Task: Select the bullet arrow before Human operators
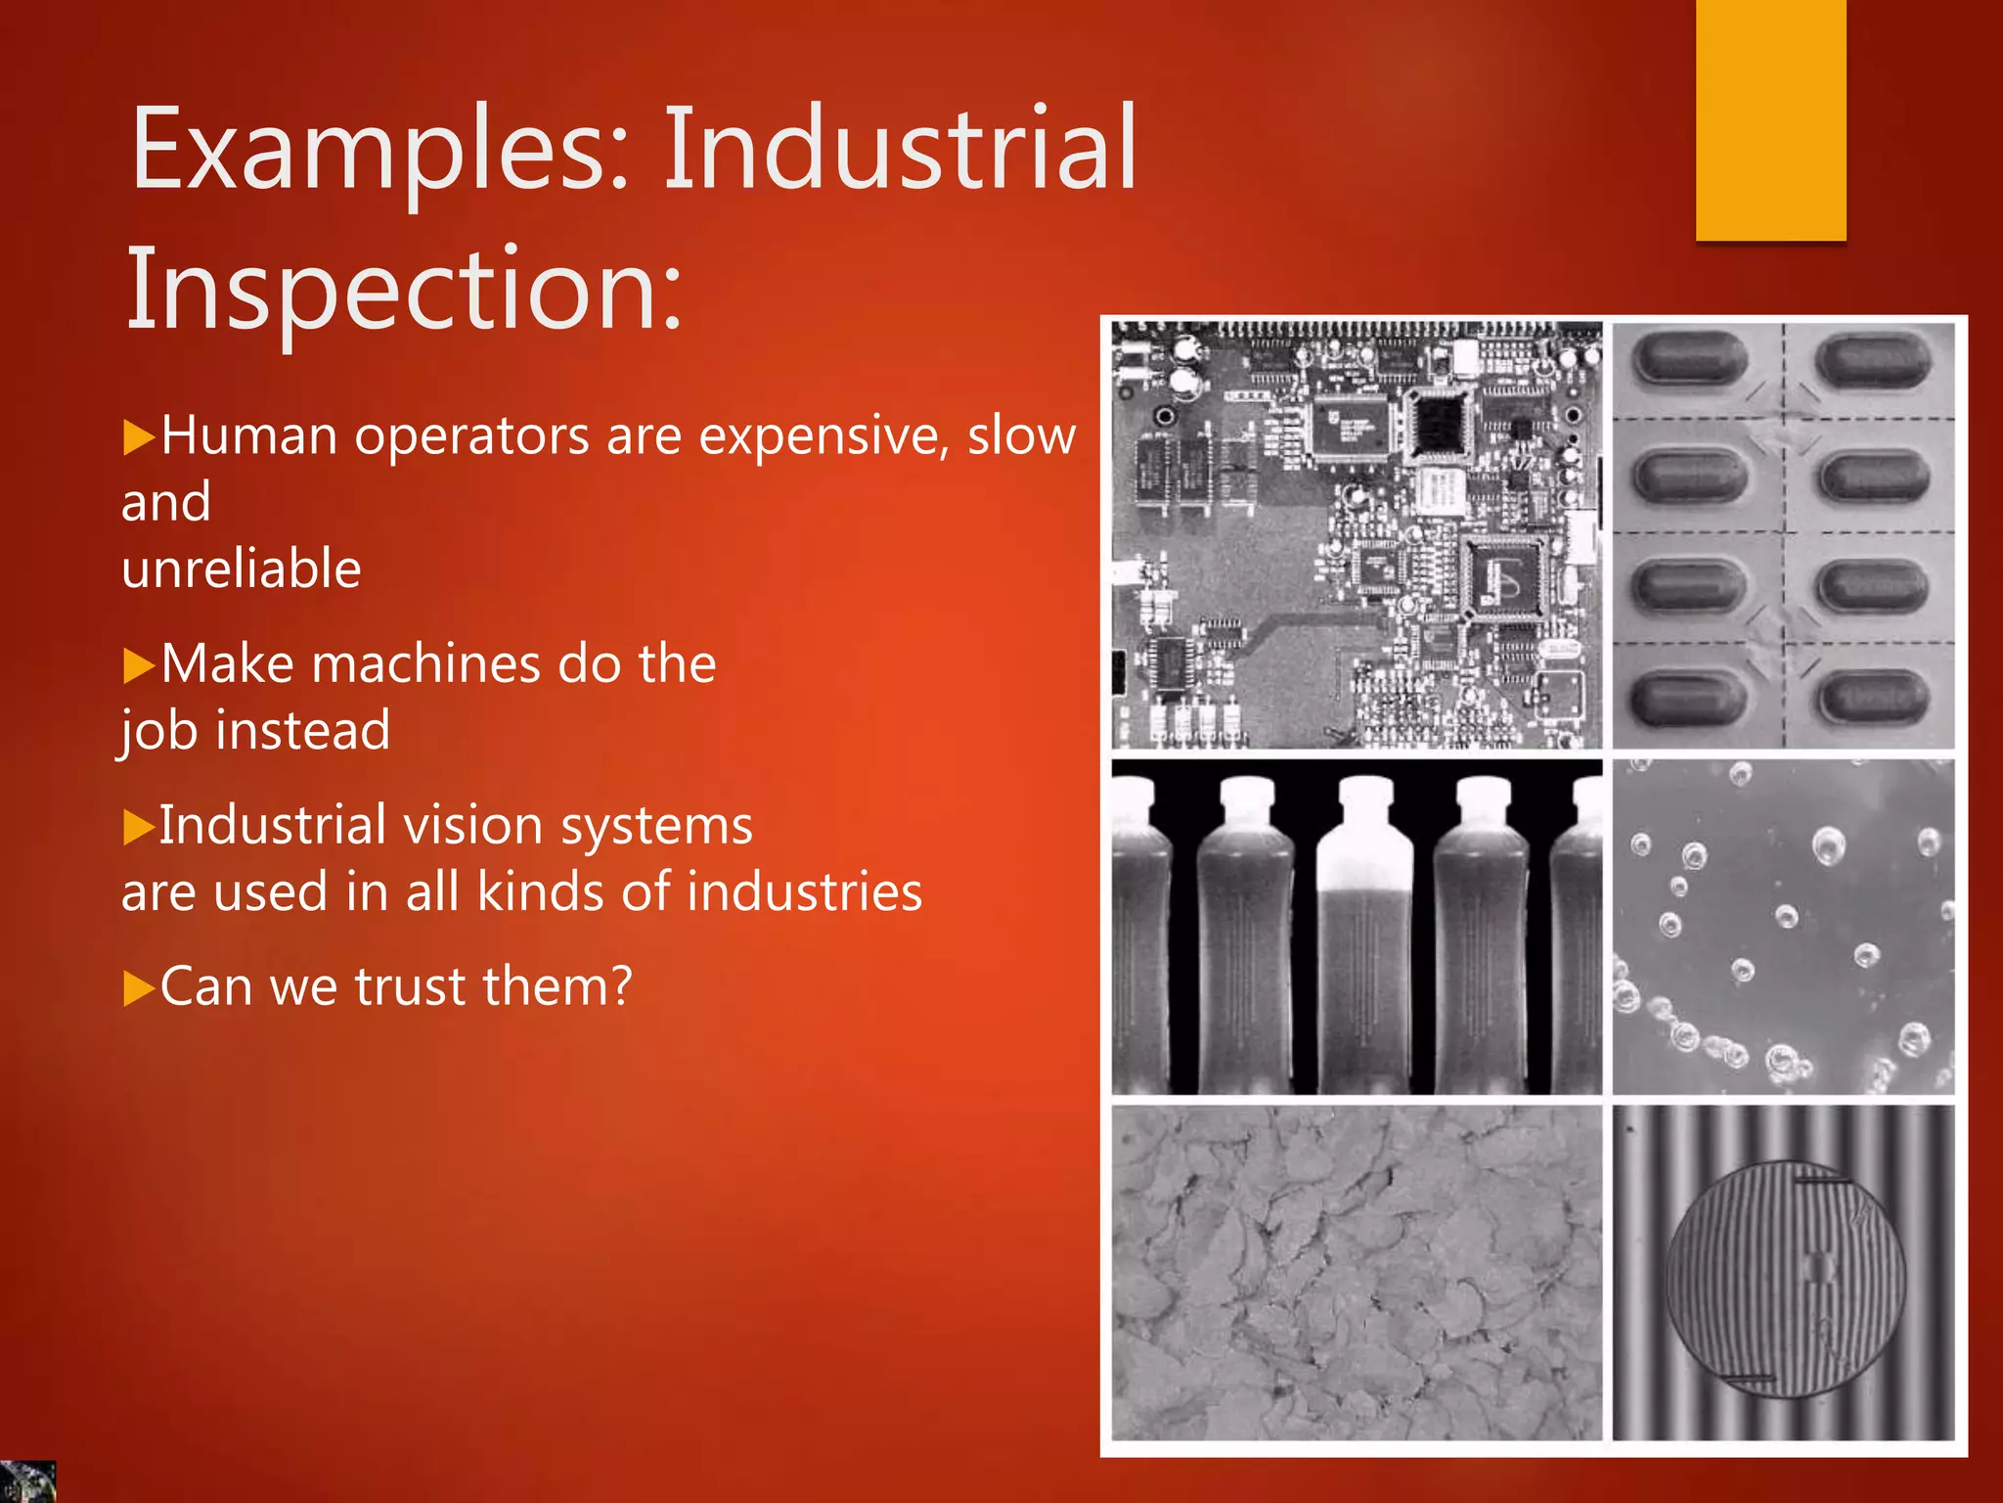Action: tap(139, 437)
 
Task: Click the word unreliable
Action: tap(242, 569)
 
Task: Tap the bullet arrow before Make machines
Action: tap(139, 666)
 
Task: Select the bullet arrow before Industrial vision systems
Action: tap(139, 828)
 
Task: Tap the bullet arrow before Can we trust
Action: tap(139, 988)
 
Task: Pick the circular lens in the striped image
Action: tap(1786, 1280)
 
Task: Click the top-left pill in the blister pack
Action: tap(1690, 358)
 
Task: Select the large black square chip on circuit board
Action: tap(1438, 423)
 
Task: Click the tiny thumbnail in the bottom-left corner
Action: tap(27, 1481)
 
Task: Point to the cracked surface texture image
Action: tap(1357, 1272)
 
